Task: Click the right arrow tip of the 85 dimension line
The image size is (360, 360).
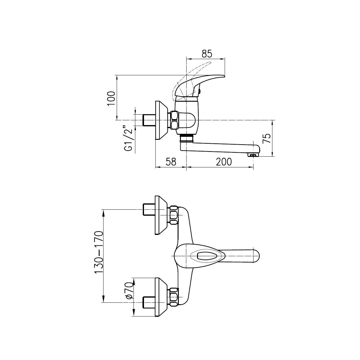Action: point(225,59)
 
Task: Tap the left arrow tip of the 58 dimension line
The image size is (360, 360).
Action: point(156,167)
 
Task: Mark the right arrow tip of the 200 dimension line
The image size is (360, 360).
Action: point(253,167)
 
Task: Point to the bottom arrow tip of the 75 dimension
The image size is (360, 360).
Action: point(273,156)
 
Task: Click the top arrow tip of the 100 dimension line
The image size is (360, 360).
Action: point(117,75)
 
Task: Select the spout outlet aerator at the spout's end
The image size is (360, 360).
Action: point(253,154)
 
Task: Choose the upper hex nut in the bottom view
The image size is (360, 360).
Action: point(174,215)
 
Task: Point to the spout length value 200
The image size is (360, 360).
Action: point(224,162)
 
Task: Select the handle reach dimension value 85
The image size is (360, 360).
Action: point(207,54)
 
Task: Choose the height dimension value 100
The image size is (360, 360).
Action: point(111,98)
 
